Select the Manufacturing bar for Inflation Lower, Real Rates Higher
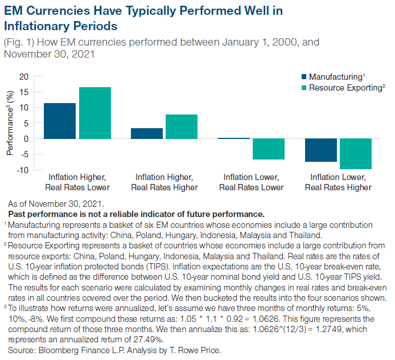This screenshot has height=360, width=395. pos(320,150)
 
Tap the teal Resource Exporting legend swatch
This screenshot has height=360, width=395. pos(303,88)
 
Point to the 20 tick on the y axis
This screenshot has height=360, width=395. pos(23,76)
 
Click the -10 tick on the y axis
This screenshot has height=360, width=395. pos(22,170)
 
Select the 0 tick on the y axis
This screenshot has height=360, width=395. pos(26,138)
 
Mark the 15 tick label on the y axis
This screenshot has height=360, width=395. pos(23,92)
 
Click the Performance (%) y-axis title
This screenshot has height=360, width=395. pos(10,123)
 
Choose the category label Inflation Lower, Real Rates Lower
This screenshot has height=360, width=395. pos(252,182)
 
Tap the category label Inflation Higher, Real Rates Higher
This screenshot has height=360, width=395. pos(164,182)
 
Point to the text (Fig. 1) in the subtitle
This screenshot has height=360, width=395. pos(19,42)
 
